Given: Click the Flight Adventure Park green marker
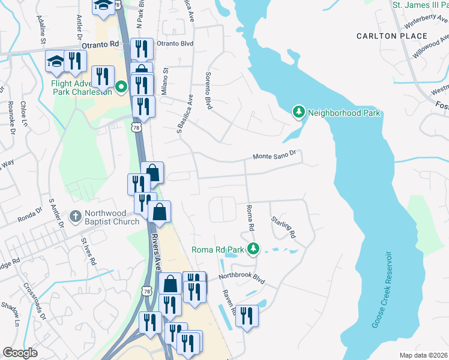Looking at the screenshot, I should coord(121,87).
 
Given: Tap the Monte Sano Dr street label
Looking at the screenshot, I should coord(274,155).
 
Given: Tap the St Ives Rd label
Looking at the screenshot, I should coord(89,251).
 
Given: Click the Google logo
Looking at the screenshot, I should coord(20,353).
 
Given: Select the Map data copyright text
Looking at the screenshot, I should coord(423,355).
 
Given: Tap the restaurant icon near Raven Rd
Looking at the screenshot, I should coord(247,315).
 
